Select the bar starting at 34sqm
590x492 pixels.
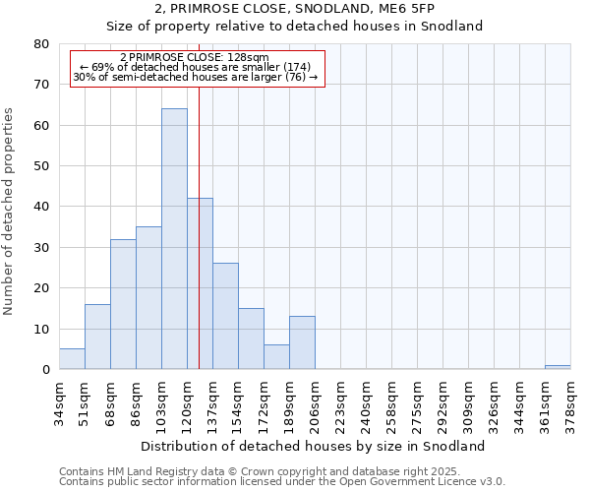pos(72,359)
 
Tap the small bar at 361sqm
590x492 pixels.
pos(558,367)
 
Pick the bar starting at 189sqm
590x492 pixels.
pos(302,343)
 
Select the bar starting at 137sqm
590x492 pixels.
pos(225,316)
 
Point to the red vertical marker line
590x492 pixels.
pos(199,246)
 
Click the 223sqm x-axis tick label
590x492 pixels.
pos(341,402)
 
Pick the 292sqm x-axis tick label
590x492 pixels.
pos(443,402)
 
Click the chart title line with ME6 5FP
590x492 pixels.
pos(294,8)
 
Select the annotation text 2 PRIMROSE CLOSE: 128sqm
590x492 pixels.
pos(194,57)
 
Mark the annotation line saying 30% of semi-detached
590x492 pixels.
pos(195,77)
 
